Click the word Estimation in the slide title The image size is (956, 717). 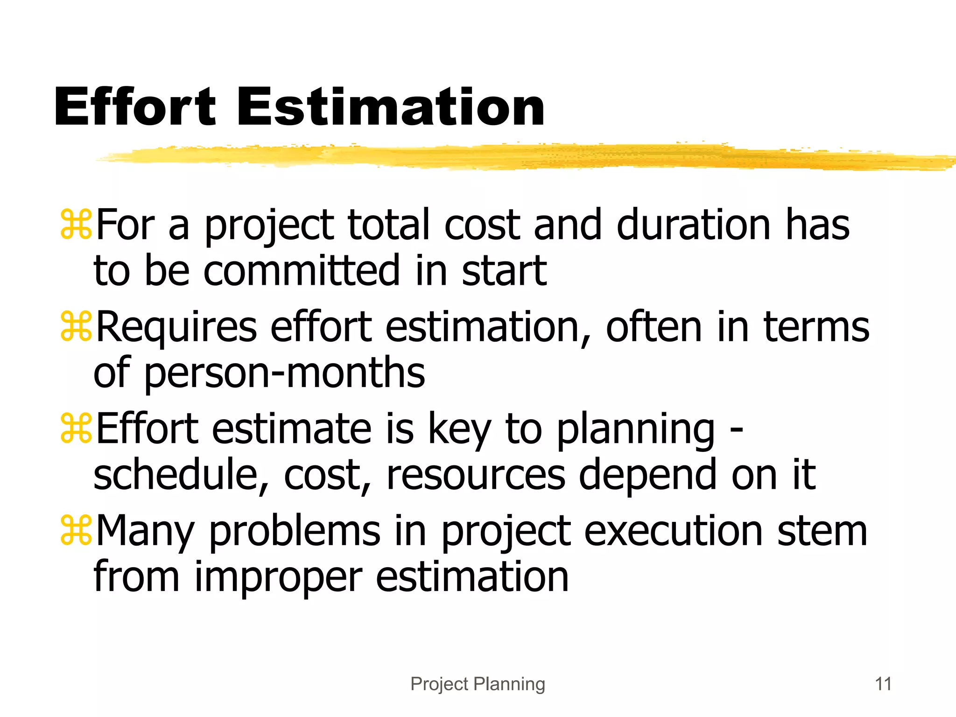pos(391,107)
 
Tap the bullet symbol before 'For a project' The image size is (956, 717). pos(76,225)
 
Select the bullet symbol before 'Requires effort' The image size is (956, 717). pos(76,327)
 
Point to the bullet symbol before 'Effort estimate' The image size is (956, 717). pos(76,429)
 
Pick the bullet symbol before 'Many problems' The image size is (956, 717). pos(76,531)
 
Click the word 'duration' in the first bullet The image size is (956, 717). pos(693,225)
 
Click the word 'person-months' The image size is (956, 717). pos(284,373)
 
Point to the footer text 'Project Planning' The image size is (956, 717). pos(478,684)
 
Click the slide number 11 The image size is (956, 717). pos(883,684)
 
